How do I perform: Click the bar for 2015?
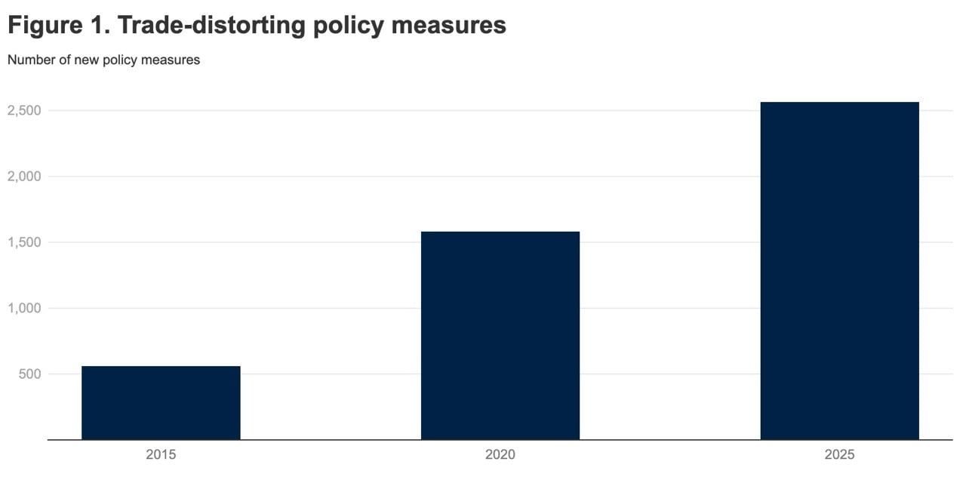[x=161, y=403]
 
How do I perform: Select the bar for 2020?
[x=500, y=336]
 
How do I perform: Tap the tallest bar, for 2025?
[x=839, y=271]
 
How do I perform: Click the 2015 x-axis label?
[x=161, y=455]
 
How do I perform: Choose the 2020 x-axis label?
[x=500, y=455]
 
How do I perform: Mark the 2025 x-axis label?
[x=839, y=455]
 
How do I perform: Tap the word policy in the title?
[x=358, y=26]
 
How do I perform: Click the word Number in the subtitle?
[x=31, y=60]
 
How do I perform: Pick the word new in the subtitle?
[x=86, y=60]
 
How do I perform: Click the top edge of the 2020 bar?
[x=500, y=232]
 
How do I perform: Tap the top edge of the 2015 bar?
[x=161, y=367]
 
